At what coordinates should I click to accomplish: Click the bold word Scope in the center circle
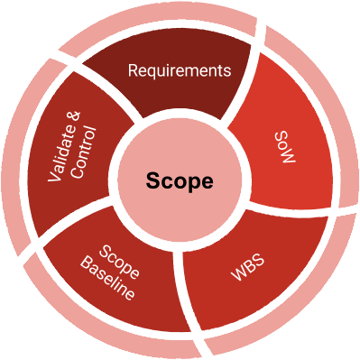180,180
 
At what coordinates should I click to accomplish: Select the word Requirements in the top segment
180,69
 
